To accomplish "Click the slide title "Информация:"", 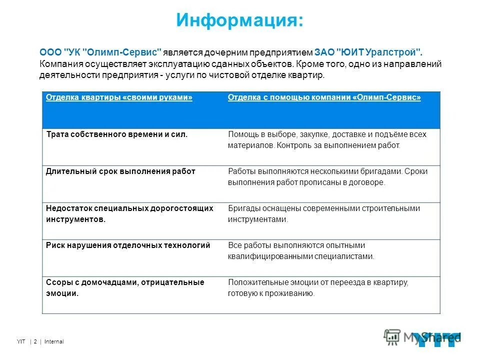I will (239, 21).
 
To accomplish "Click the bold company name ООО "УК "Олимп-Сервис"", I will (100, 52).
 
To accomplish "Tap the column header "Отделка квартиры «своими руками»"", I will (119, 97).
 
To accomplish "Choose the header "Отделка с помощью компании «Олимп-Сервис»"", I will (324, 97).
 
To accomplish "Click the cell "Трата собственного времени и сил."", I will (116, 134).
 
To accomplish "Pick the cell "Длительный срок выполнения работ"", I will (120, 171).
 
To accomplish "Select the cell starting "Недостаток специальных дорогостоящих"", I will (129, 213).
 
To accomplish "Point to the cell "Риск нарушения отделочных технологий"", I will (128, 245).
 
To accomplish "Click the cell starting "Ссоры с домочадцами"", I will (125, 287).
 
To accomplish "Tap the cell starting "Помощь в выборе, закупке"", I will (327, 140).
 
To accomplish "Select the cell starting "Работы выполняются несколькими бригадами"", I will (327, 177).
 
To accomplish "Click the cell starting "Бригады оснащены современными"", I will (323, 213).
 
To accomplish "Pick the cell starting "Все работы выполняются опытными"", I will (300, 250).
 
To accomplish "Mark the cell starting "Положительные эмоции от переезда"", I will (318, 288).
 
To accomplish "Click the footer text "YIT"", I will (20, 342).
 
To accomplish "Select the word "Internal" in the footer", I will (54, 342).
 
